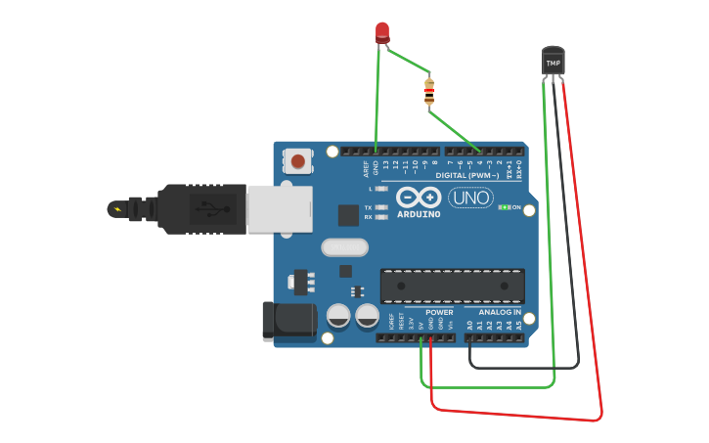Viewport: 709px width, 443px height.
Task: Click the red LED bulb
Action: coord(382,32)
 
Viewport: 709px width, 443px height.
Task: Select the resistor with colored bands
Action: coord(429,92)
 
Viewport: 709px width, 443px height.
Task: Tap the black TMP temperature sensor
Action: coord(554,61)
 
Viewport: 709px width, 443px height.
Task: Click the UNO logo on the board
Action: coord(470,198)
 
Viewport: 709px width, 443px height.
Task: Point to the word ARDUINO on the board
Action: coord(421,214)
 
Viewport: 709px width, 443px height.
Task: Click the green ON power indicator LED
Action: coord(504,207)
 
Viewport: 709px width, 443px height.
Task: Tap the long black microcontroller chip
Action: coord(452,286)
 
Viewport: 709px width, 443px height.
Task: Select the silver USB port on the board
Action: coord(279,209)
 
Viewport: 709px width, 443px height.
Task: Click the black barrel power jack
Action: coord(288,322)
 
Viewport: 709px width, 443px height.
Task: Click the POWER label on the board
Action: coord(439,312)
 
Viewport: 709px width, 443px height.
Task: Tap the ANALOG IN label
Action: coord(500,312)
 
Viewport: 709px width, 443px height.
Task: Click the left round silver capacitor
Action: coord(338,315)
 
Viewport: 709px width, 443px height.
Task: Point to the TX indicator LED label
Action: coord(368,207)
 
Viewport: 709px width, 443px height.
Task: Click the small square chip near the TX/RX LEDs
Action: coord(348,215)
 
